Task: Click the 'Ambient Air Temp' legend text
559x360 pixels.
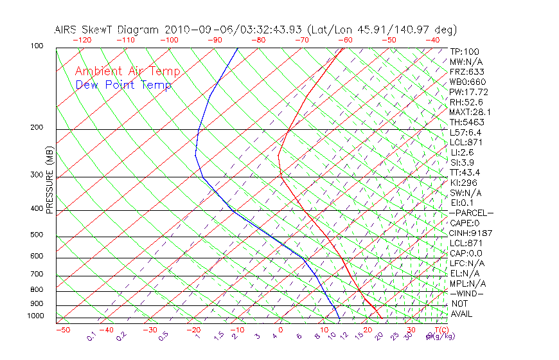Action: (x=127, y=71)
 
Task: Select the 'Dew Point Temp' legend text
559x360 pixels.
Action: (x=123, y=85)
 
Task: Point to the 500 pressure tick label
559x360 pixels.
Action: (x=37, y=235)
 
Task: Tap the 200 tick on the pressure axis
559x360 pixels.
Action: (x=37, y=127)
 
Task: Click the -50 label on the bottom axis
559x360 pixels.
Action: (x=62, y=330)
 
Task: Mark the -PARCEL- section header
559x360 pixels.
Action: (x=471, y=213)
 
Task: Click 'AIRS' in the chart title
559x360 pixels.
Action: (x=67, y=30)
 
